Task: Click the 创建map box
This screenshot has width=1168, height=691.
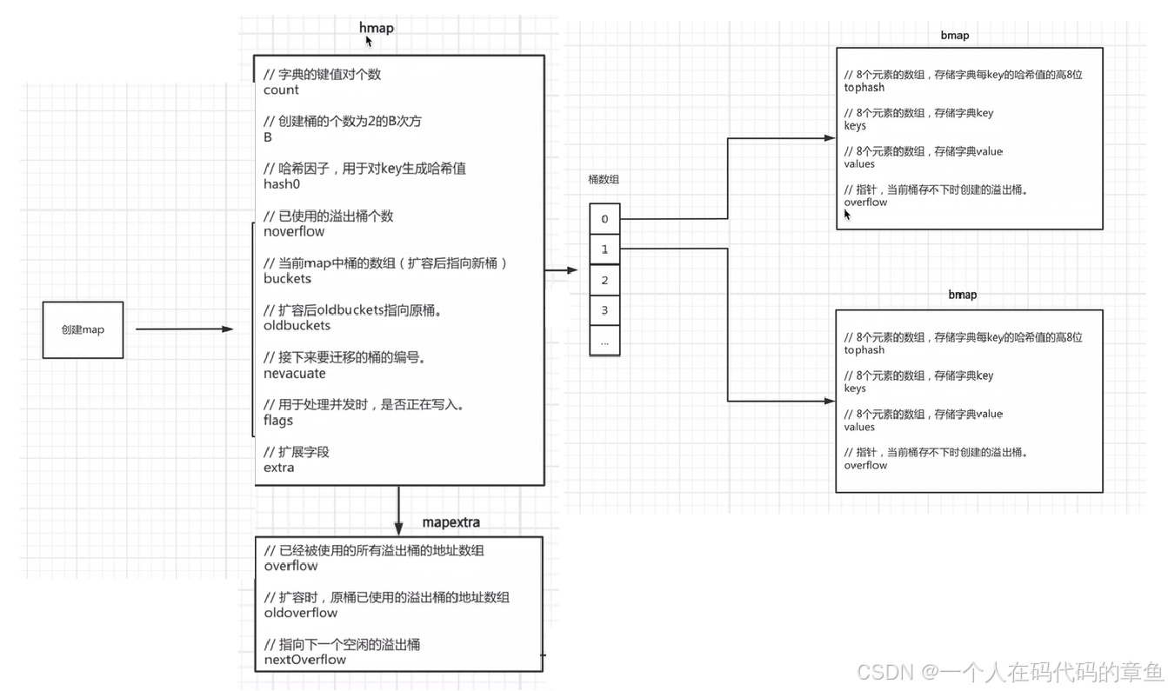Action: pyautogui.click(x=83, y=330)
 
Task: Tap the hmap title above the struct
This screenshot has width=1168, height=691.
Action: pyautogui.click(x=377, y=28)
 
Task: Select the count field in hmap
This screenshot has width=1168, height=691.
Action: pyautogui.click(x=281, y=90)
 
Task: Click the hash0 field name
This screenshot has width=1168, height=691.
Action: pyautogui.click(x=282, y=184)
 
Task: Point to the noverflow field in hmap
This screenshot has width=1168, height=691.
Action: pyautogui.click(x=294, y=232)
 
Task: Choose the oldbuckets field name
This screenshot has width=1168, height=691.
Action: pyautogui.click(x=297, y=326)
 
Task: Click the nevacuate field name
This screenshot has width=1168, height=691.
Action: pyautogui.click(x=295, y=374)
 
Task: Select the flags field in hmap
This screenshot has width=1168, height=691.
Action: pyautogui.click(x=278, y=421)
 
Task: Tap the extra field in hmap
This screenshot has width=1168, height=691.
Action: pyautogui.click(x=279, y=468)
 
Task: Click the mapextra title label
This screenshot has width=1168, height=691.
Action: pyautogui.click(x=451, y=522)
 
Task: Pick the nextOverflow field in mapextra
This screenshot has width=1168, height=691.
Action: pyautogui.click(x=304, y=660)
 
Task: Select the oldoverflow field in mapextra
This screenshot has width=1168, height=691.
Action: pyautogui.click(x=301, y=613)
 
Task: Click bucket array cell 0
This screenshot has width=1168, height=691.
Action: pyautogui.click(x=604, y=219)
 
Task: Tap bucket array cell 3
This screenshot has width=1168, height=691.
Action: pyautogui.click(x=604, y=310)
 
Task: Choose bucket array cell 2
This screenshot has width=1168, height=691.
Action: pyautogui.click(x=604, y=280)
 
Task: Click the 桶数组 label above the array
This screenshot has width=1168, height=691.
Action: pyautogui.click(x=604, y=180)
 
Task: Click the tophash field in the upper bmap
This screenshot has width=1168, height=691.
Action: pyautogui.click(x=864, y=88)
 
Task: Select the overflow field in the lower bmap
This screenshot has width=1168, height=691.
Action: pyautogui.click(x=865, y=466)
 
